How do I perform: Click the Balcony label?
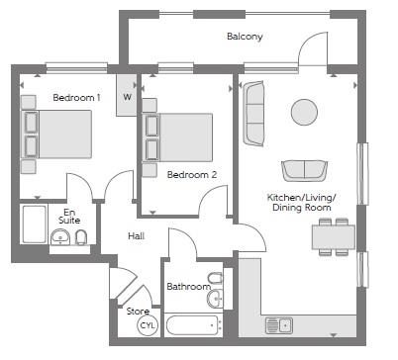point(245,37)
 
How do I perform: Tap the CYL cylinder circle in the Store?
point(148,325)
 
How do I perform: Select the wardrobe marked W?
point(127,95)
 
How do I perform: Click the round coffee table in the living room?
point(304,112)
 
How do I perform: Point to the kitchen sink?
point(279,325)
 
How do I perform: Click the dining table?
point(334,236)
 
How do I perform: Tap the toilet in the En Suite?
point(81,237)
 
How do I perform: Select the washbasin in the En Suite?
point(60,237)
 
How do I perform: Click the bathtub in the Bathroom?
point(193,325)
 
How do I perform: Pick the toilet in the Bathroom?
point(216,279)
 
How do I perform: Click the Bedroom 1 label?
point(76,98)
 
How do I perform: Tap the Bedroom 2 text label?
point(192,175)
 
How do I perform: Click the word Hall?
point(137,236)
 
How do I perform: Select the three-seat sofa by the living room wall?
point(253,114)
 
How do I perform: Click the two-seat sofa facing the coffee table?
point(304,170)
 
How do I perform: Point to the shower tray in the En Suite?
point(34,225)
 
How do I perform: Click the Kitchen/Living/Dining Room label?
point(301,203)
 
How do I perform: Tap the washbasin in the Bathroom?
point(215,299)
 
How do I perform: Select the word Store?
point(138,312)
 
